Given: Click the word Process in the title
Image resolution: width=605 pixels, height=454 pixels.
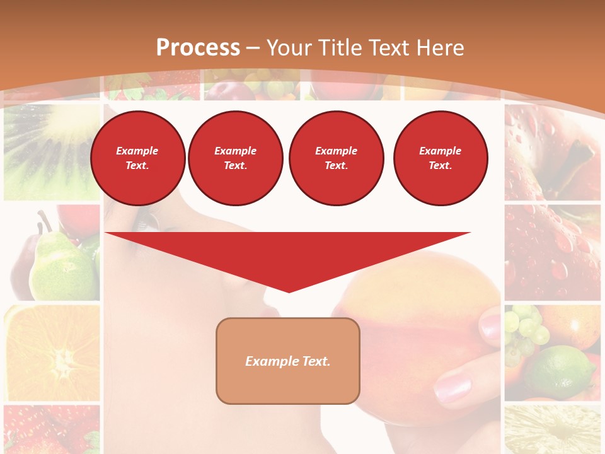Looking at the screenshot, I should (x=198, y=48).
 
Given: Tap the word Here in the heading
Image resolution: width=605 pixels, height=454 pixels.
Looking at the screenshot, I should (x=439, y=48).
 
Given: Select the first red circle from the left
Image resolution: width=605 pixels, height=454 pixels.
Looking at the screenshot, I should (x=137, y=158).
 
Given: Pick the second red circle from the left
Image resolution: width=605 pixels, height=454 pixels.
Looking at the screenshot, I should (x=235, y=158).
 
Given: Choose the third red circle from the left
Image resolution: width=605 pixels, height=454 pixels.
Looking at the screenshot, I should (x=336, y=158).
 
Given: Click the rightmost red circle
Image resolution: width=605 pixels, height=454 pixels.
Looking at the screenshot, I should (x=440, y=158).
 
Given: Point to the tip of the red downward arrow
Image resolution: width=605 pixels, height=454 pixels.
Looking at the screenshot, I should (x=289, y=291).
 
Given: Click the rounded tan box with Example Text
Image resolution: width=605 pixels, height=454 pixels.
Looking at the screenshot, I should (x=288, y=361).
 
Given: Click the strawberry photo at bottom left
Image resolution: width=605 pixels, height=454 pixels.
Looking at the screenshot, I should (x=50, y=429).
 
